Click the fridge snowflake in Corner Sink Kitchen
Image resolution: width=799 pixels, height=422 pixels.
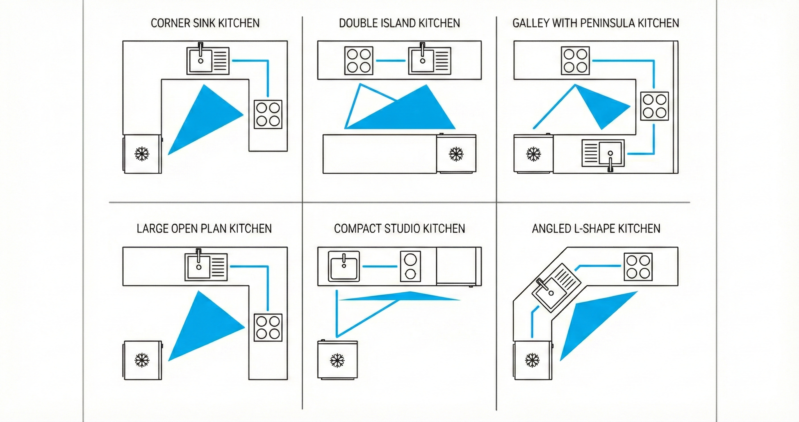tap(142, 153)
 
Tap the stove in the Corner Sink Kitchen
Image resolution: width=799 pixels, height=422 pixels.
tap(268, 114)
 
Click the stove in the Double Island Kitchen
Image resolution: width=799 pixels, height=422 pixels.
tap(359, 61)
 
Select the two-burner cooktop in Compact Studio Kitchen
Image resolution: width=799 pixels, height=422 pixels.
tap(410, 267)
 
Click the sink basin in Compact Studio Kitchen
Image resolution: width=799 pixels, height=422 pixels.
tap(344, 267)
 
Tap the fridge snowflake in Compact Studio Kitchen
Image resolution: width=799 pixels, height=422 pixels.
tap(337, 360)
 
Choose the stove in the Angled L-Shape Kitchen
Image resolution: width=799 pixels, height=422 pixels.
tap(638, 267)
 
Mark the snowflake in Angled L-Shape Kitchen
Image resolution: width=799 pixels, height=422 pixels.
tap(532, 360)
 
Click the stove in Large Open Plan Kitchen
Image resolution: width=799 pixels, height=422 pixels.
tap(268, 328)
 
